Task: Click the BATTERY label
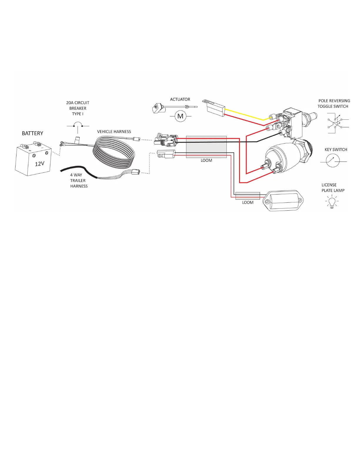[32, 133]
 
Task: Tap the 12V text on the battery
[39, 164]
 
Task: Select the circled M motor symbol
[180, 116]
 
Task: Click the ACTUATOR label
[180, 99]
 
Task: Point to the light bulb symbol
[332, 202]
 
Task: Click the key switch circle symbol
[333, 161]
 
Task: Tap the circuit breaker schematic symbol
[78, 125]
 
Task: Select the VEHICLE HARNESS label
[114, 132]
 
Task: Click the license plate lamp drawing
[284, 201]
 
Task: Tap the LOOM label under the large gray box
[206, 161]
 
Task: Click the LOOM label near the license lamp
[248, 202]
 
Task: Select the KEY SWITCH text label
[336, 149]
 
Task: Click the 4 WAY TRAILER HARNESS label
[79, 180]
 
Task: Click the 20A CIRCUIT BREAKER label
[78, 108]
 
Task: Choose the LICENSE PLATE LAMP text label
[333, 188]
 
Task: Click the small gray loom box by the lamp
[248, 196]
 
